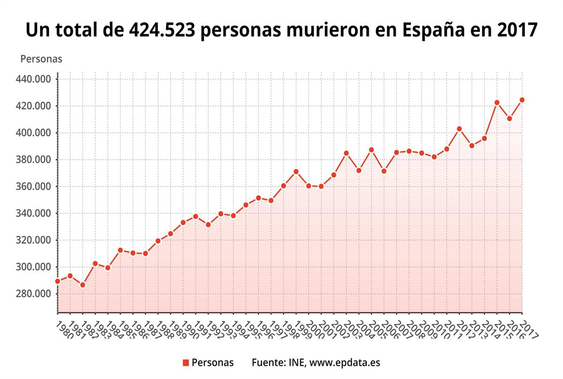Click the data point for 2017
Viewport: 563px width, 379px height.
[522, 100]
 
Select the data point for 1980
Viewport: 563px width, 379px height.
[58, 281]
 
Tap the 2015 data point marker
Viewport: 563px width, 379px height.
[497, 103]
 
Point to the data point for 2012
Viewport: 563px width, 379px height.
[459, 129]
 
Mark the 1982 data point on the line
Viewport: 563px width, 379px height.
[83, 285]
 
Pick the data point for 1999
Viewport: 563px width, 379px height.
[296, 172]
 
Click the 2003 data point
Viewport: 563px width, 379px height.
[346, 153]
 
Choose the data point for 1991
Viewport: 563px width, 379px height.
[196, 217]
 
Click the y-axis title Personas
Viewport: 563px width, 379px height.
[41, 59]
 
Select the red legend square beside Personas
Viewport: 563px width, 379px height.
[185, 363]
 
